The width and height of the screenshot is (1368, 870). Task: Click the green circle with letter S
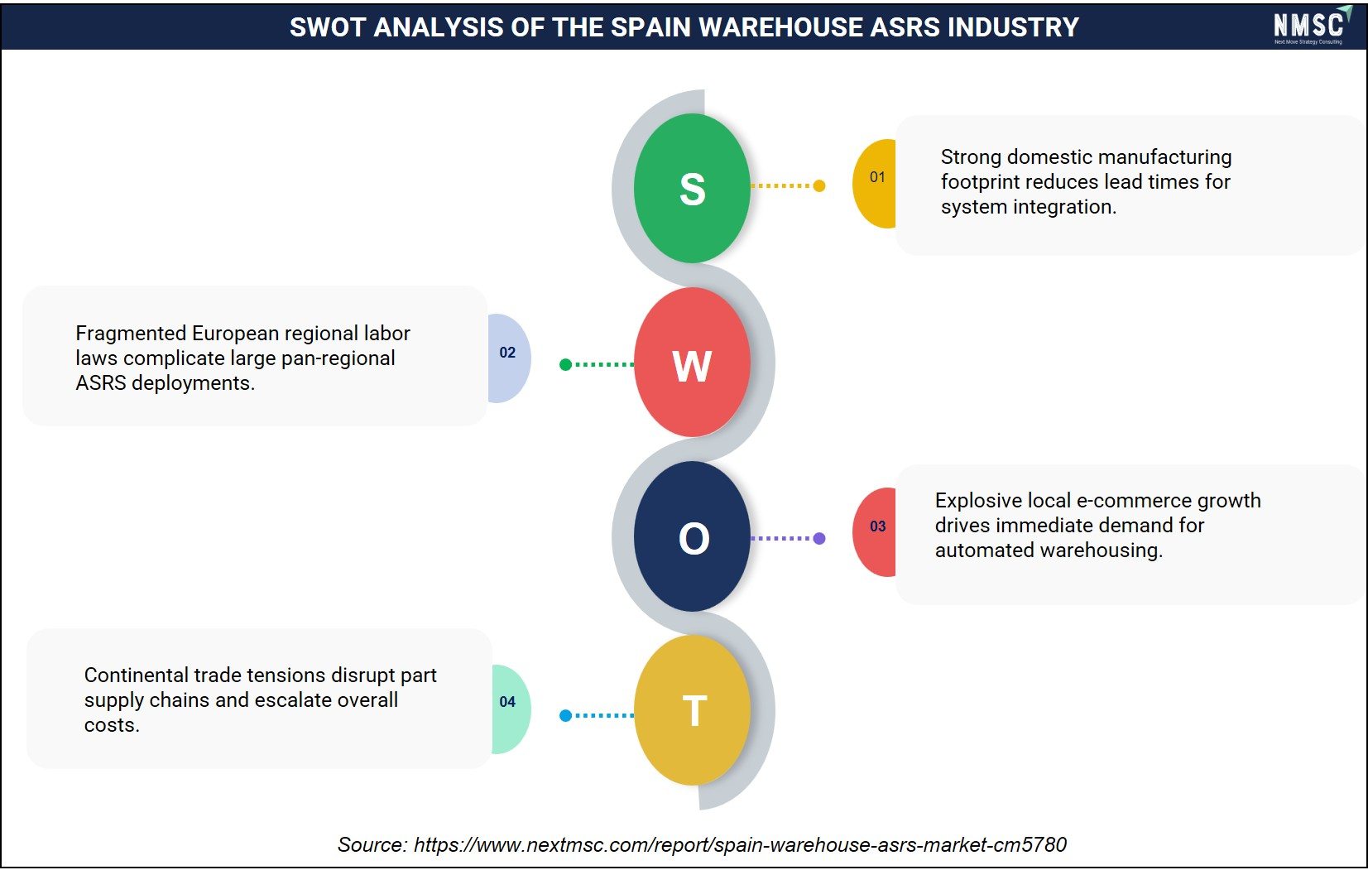pos(692,188)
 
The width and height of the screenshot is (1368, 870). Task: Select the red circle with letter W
pos(692,363)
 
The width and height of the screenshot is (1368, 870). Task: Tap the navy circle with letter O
pos(692,536)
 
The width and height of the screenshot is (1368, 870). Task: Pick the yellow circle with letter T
pos(692,710)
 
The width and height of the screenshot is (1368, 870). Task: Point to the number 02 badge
pos(509,358)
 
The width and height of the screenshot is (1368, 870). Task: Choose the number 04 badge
pos(511,709)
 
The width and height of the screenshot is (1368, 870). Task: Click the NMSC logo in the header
pos(1312,25)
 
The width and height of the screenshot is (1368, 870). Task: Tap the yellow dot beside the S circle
pos(819,185)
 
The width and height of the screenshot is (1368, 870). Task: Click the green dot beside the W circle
pos(565,365)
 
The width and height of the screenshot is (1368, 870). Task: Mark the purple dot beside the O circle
pos(819,538)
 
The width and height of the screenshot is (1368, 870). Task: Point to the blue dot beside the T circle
pos(565,715)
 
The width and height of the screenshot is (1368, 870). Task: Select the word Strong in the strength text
pos(971,157)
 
